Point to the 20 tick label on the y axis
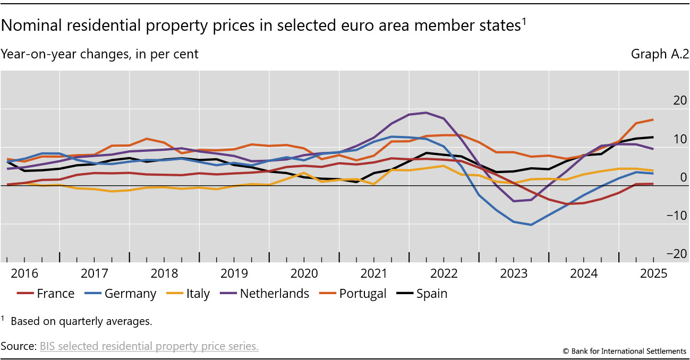(x=665, y=100)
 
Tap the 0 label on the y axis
(x=669, y=177)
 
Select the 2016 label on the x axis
(x=24, y=274)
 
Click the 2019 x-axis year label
(x=234, y=274)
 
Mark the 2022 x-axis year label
(x=444, y=274)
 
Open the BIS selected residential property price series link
(x=149, y=346)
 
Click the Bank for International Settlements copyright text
(x=625, y=351)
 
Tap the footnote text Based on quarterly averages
(x=81, y=321)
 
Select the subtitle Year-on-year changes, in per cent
(x=100, y=54)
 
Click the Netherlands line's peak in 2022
(x=426, y=113)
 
